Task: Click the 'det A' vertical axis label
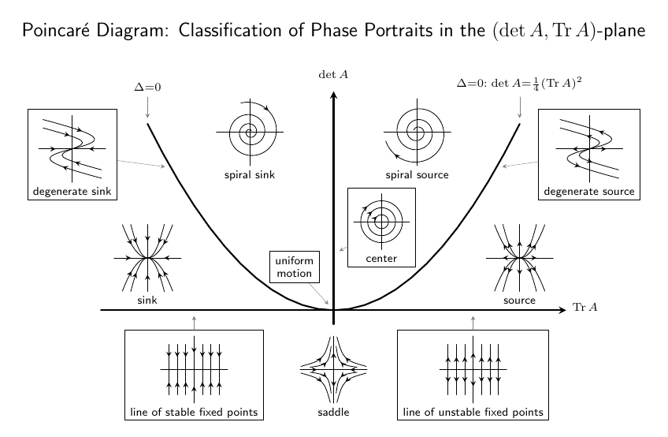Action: click(x=333, y=75)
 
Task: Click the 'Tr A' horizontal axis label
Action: click(x=584, y=307)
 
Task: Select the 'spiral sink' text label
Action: click(x=250, y=175)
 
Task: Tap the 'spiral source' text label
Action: click(x=417, y=175)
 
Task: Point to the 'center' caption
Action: click(x=381, y=259)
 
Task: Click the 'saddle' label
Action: click(x=334, y=413)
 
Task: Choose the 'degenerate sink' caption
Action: click(x=72, y=192)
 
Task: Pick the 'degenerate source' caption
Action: click(x=588, y=192)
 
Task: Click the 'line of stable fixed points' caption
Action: click(x=194, y=413)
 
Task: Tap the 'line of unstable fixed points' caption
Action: click(x=472, y=413)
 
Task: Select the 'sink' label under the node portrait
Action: click(x=147, y=301)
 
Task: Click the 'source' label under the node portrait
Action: click(x=520, y=301)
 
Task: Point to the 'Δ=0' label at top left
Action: click(x=147, y=88)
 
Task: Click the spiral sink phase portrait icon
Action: click(x=251, y=132)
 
